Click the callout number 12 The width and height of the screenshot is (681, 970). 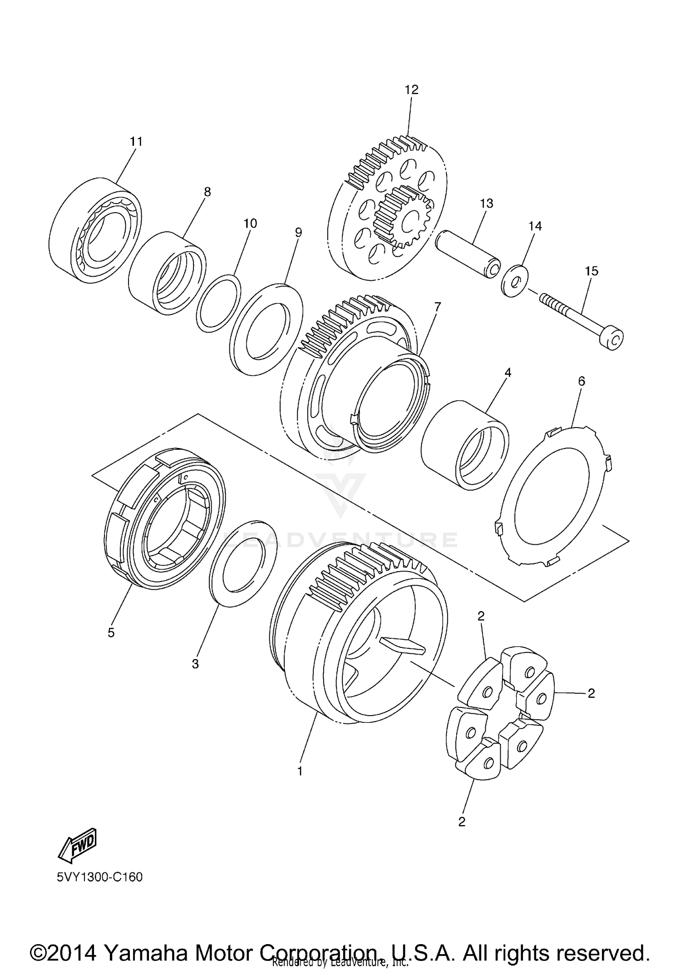[x=411, y=90]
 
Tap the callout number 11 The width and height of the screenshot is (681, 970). [x=136, y=142]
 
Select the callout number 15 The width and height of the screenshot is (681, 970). [x=592, y=271]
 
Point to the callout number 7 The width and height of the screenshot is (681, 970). [x=437, y=307]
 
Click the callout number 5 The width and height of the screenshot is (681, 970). [x=111, y=633]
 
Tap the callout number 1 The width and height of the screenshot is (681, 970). [x=300, y=771]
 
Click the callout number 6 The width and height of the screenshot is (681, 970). [x=582, y=381]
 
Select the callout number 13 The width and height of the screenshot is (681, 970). [x=486, y=203]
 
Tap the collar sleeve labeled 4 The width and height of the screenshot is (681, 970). [x=465, y=445]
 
